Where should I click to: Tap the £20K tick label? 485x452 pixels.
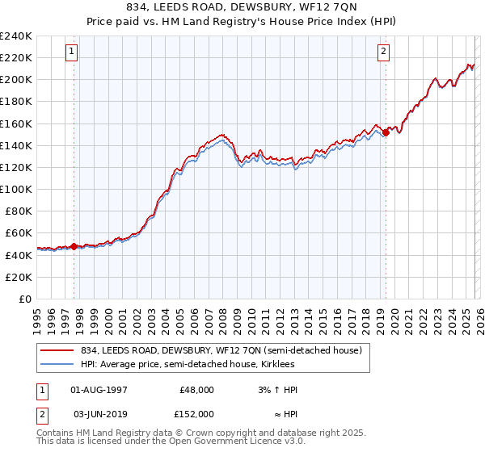(19, 277)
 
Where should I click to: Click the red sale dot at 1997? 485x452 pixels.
(74, 246)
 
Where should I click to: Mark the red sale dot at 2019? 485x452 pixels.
(386, 133)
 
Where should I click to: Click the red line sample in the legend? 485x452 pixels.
(58, 350)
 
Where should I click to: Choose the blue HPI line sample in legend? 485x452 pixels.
(58, 364)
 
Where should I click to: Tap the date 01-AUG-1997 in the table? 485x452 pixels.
(99, 390)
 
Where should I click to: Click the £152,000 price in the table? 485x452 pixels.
(196, 412)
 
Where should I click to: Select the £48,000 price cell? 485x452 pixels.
(196, 390)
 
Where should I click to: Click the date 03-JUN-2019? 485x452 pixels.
(99, 412)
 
